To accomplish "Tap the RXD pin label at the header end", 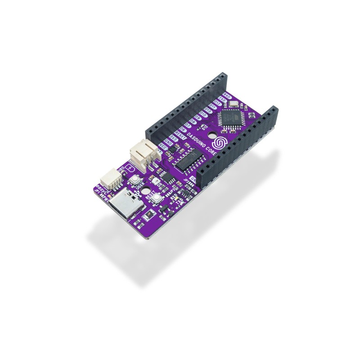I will click(227, 96).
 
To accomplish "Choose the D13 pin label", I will click(208, 110).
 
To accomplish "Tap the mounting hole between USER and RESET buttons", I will click(146, 192).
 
